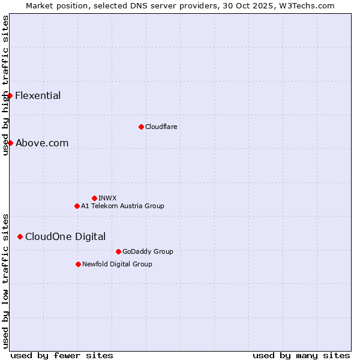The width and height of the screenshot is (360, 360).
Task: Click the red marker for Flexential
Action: pos(10,95)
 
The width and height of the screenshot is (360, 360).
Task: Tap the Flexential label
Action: pos(38,95)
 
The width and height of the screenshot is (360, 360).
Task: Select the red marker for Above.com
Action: pos(10,143)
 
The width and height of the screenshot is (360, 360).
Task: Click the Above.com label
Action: pos(42,143)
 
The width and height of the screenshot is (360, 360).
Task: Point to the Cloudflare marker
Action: pos(141,127)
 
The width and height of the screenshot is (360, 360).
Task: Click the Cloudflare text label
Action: pos(161,127)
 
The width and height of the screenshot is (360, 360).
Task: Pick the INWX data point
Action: pos(94,198)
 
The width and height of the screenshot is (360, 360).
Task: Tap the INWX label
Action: pos(107,198)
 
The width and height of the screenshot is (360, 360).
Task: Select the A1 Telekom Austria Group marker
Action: pos(77,206)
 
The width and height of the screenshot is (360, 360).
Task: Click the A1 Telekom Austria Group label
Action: pos(122,206)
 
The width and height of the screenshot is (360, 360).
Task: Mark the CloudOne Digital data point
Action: pos(20,236)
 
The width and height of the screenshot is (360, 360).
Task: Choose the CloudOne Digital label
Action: pos(65,236)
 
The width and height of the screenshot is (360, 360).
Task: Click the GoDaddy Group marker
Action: pos(118,251)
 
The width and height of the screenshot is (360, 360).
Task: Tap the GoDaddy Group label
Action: pos(148,251)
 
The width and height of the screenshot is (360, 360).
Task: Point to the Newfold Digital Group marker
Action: pos(78,264)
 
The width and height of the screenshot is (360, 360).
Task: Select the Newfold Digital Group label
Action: pos(117,264)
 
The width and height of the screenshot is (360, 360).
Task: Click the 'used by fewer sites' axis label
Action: pos(62,355)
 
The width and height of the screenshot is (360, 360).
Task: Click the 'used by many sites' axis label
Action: pos(301,355)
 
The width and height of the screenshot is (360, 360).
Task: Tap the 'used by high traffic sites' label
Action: pos(5,85)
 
